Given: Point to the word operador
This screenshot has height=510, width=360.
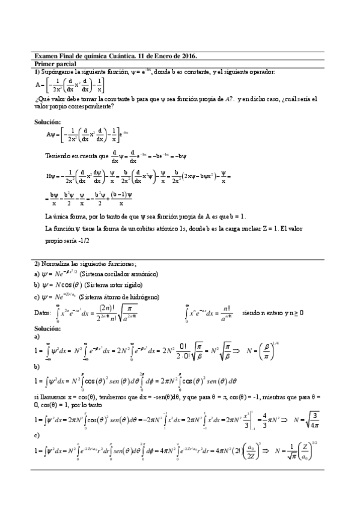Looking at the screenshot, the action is (260, 72).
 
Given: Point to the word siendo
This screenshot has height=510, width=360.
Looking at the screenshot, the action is (251, 313).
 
